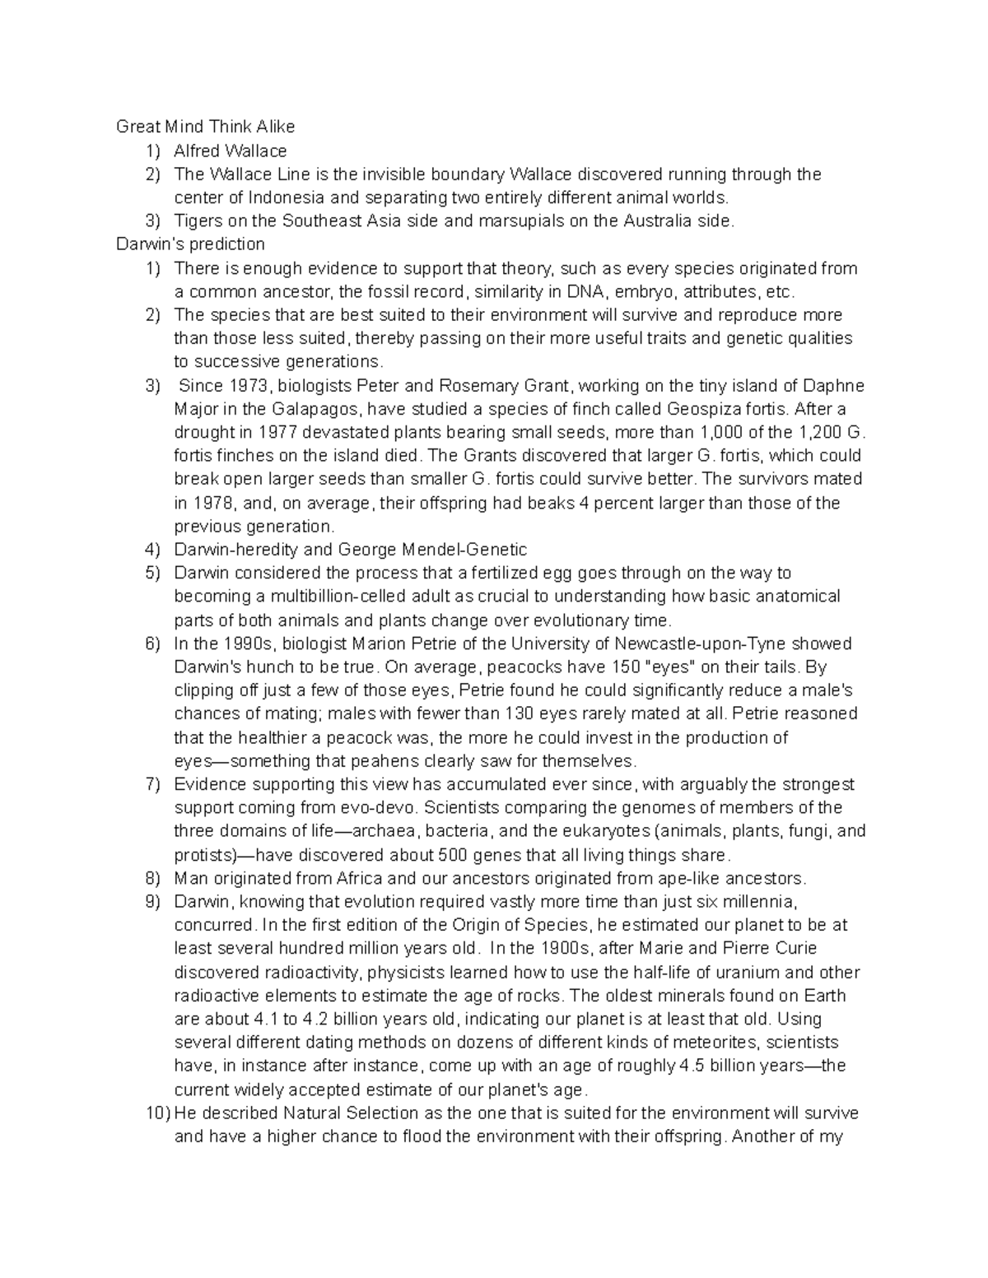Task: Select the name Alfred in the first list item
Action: (x=198, y=151)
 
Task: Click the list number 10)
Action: (x=158, y=1113)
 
